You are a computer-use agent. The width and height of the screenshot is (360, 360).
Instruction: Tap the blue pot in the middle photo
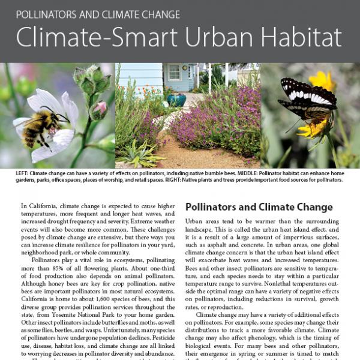click(176, 99)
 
